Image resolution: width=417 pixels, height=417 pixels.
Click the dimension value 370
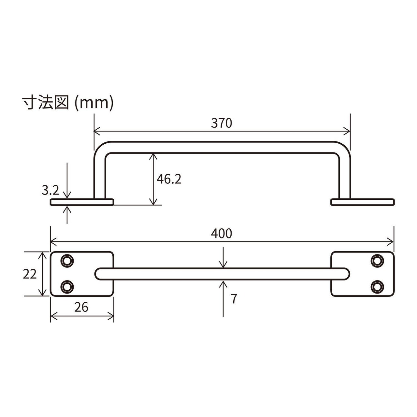coord(222,123)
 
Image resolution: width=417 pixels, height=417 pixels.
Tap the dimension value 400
coord(222,234)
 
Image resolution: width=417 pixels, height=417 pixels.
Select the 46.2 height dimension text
coord(169,179)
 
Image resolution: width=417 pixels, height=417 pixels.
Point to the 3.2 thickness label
coord(50,190)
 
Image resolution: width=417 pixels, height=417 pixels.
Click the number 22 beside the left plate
coord(30,274)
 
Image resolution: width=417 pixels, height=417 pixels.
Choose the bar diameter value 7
coord(234,299)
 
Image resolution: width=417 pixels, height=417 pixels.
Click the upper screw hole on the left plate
coord(67,261)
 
